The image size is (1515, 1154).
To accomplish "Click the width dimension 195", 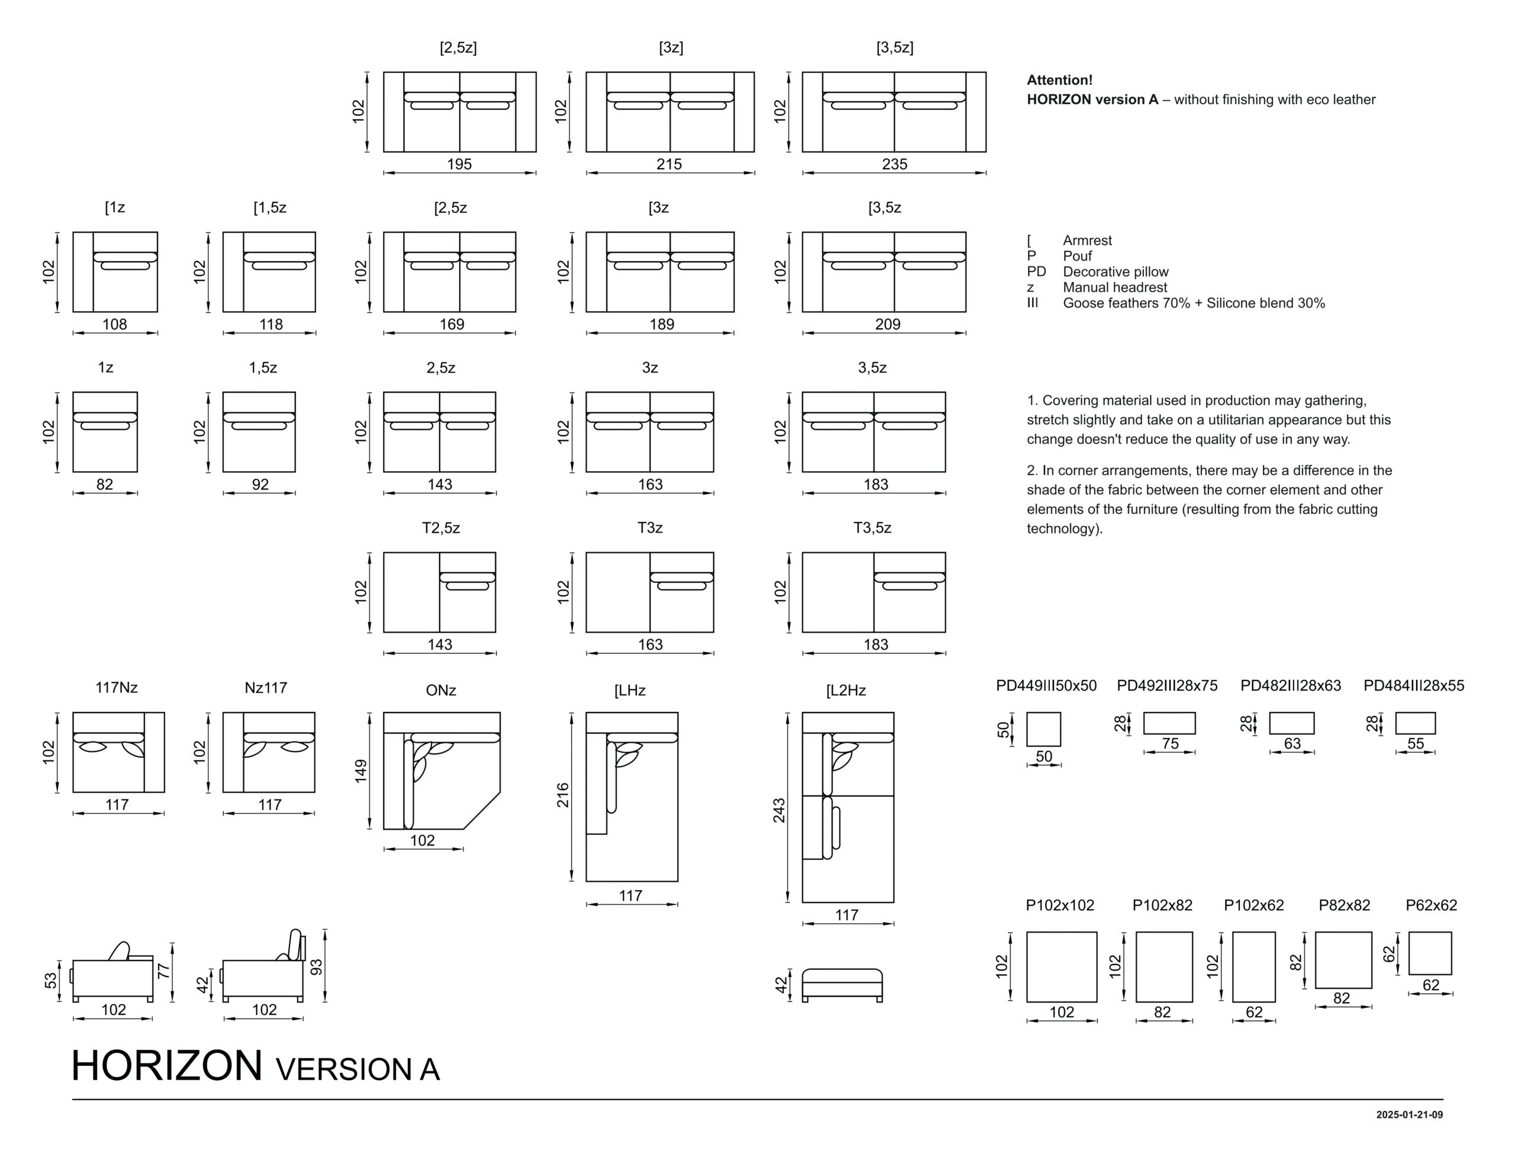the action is tap(459, 164).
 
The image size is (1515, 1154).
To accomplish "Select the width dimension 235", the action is tap(895, 164).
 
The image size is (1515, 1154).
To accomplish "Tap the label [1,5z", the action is tap(270, 208).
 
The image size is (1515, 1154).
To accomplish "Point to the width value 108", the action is tap(115, 324).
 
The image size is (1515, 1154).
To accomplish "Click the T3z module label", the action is tap(650, 527).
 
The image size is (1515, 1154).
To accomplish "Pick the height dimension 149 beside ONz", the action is tap(361, 771).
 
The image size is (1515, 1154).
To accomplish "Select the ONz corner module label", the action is tap(441, 691).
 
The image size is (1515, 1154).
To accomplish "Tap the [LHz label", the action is tap(630, 691).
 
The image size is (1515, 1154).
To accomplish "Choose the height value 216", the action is tap(563, 795).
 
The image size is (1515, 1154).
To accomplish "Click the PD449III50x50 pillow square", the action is tap(1043, 729).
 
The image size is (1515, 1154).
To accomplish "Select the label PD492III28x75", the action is tap(1167, 685).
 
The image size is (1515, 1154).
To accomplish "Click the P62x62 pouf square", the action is tap(1430, 953).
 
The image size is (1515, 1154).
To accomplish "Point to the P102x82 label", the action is tap(1162, 905).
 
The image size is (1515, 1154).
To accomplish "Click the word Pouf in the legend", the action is tap(1078, 256).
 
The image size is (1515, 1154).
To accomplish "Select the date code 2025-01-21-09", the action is tap(1409, 1115).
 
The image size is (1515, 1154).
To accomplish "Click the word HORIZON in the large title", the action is tap(167, 1065).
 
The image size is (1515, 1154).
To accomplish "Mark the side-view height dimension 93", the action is tap(317, 967).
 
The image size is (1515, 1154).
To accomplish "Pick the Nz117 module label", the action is tap(266, 688).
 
